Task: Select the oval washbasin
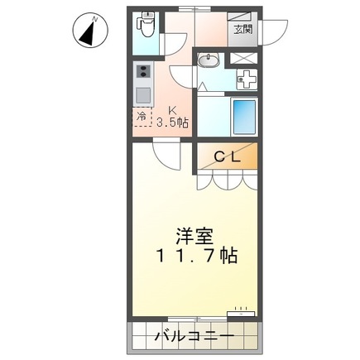click(208, 60)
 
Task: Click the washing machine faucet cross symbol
click(247, 80)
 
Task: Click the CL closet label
click(228, 155)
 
